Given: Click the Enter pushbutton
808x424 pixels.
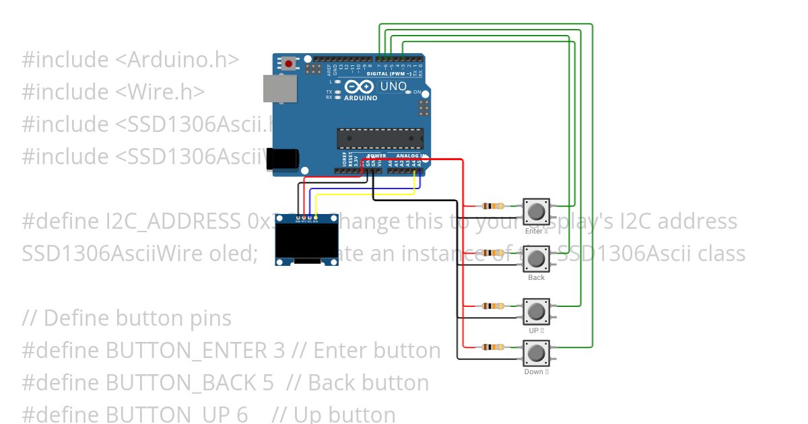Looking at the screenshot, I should point(536,211).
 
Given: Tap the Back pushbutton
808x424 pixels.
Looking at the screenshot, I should point(536,258).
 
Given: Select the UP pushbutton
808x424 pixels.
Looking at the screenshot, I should point(536,312).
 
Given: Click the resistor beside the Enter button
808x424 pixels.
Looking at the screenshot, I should point(493,206).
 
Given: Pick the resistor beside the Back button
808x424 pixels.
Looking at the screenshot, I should point(493,253).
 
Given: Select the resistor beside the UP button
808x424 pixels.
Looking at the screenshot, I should point(493,306).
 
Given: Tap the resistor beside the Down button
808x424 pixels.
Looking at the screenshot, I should point(493,347).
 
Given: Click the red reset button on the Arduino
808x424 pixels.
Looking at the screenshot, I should point(290,64).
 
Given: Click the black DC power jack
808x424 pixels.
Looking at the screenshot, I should point(283,159).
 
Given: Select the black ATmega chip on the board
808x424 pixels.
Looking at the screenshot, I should point(380,138).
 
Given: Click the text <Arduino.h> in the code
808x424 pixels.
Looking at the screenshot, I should point(177,59).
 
